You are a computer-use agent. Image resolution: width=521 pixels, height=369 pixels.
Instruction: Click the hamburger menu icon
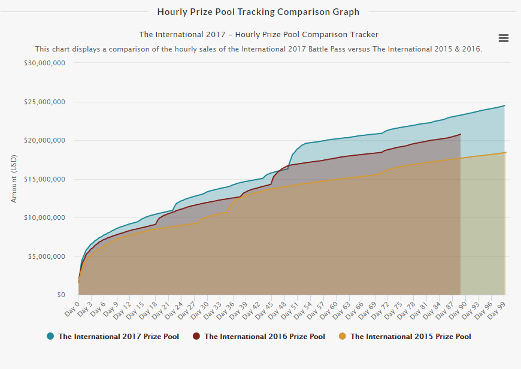tap(504, 38)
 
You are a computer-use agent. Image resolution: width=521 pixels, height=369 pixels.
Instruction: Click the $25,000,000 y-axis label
tap(44, 102)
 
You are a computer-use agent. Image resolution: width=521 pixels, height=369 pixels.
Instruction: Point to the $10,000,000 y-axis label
tap(44, 217)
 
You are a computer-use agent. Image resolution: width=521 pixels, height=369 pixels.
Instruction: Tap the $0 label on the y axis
tap(61, 295)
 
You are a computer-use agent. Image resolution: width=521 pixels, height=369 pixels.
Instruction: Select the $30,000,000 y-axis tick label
tap(44, 63)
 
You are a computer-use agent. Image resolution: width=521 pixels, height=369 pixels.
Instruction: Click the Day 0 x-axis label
tap(72, 309)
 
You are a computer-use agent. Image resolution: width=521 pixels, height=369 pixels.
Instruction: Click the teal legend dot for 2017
tap(50, 336)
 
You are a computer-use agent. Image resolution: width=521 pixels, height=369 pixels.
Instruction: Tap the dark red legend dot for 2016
tap(196, 336)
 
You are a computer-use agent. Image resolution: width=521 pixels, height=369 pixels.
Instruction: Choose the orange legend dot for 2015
tap(342, 336)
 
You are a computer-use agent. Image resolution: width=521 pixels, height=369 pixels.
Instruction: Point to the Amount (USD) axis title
tap(14, 179)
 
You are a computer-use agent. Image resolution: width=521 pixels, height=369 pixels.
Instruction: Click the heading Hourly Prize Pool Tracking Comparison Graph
tap(258, 12)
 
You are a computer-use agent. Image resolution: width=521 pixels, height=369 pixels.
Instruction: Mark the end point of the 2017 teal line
tap(504, 105)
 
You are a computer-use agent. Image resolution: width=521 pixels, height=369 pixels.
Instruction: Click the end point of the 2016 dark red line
tap(461, 134)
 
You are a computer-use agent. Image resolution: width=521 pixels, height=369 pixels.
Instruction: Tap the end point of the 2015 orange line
tap(505, 153)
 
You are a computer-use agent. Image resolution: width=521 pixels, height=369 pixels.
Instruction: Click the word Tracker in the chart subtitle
tap(365, 35)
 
